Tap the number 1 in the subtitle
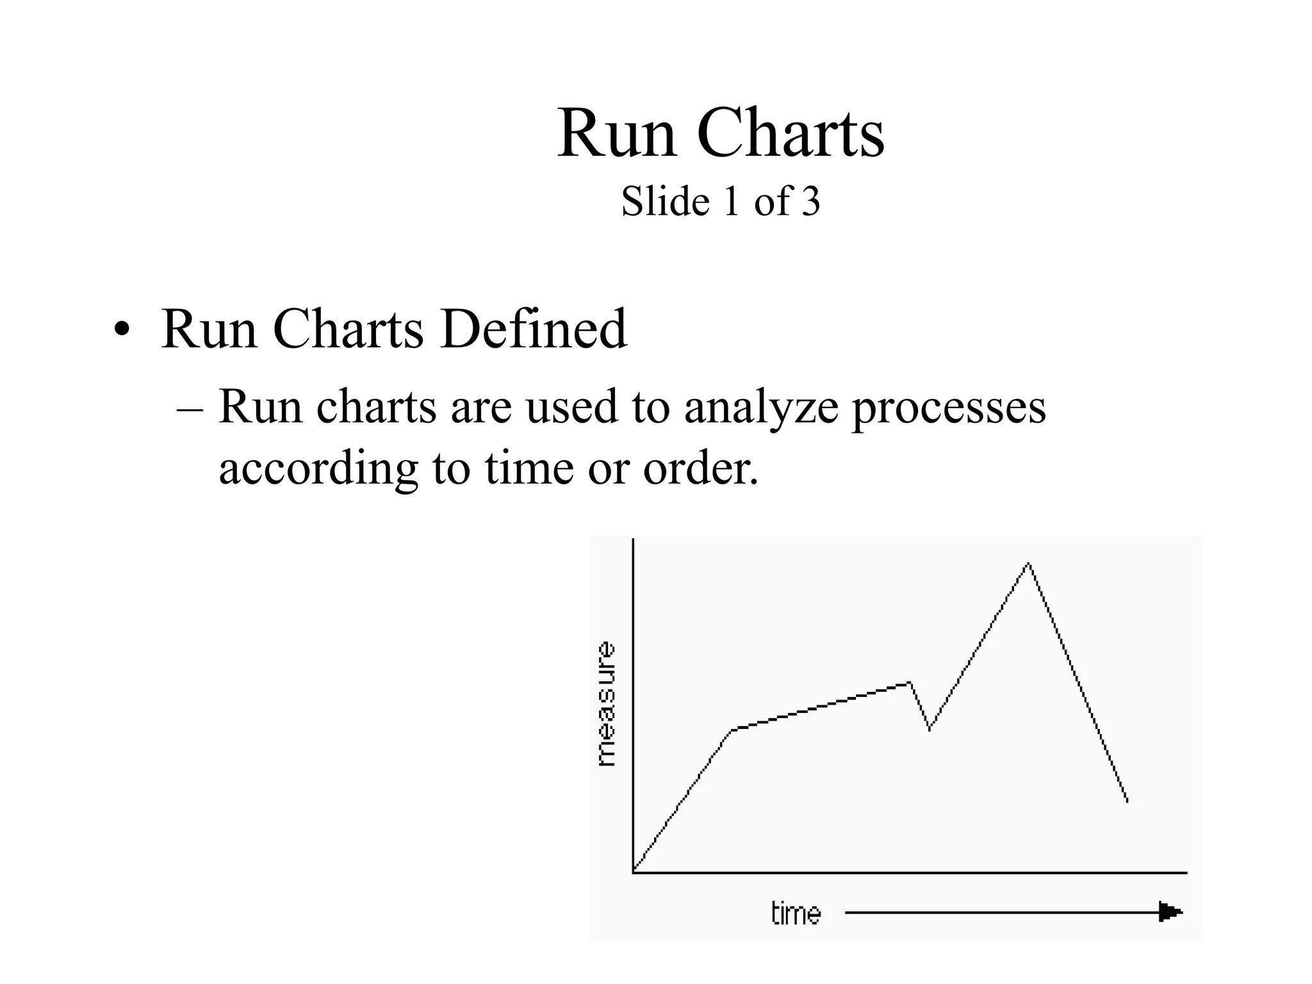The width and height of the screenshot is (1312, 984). (731, 202)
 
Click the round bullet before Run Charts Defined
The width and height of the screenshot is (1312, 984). (121, 331)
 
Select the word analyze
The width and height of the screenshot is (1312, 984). (761, 408)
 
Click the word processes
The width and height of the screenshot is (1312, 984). (948, 408)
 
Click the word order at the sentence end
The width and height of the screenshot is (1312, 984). (700, 468)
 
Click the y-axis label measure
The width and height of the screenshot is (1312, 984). (605, 704)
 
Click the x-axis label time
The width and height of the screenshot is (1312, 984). (796, 913)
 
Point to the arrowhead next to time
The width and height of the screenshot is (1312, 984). (1170, 912)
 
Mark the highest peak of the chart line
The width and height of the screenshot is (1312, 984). (1028, 564)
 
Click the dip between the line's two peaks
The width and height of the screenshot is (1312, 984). (930, 728)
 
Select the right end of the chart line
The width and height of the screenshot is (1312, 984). (1127, 801)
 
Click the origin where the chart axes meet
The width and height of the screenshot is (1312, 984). (634, 872)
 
